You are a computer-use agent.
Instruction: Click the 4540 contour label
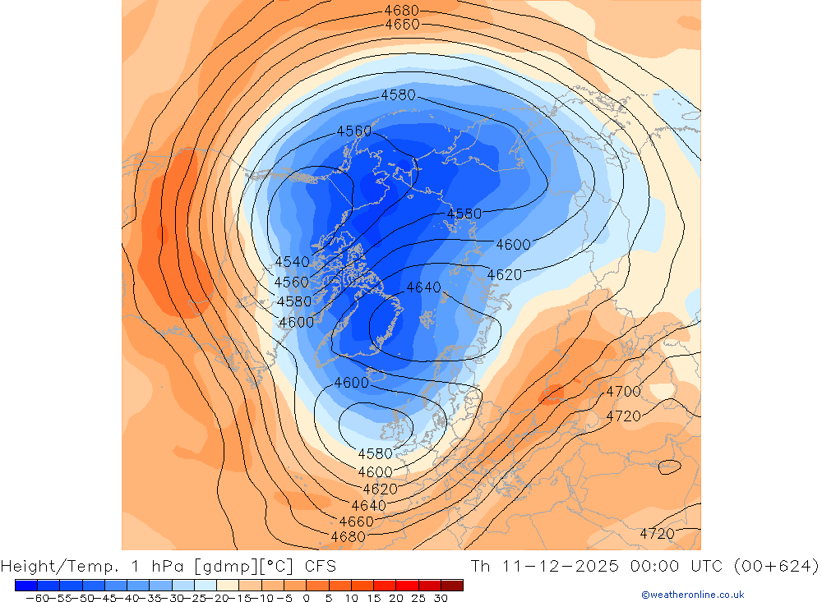click(x=292, y=262)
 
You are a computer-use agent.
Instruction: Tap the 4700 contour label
click(x=623, y=392)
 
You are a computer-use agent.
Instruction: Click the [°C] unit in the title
click(x=276, y=566)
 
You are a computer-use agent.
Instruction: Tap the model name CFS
click(x=320, y=566)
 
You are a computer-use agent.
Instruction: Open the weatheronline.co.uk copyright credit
click(x=693, y=595)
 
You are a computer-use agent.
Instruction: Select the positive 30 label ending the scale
click(x=441, y=598)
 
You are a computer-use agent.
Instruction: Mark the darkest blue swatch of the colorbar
click(x=25, y=585)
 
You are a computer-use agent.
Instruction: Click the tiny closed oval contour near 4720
click(x=670, y=466)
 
